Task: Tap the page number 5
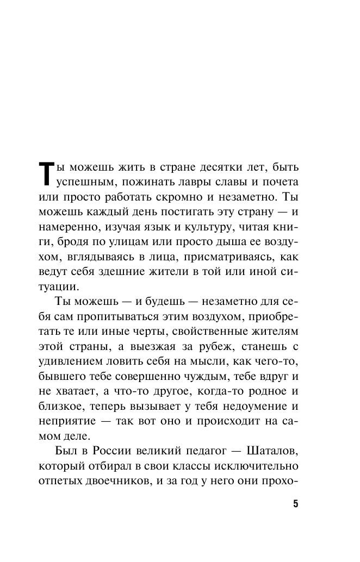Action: tap(296, 503)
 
